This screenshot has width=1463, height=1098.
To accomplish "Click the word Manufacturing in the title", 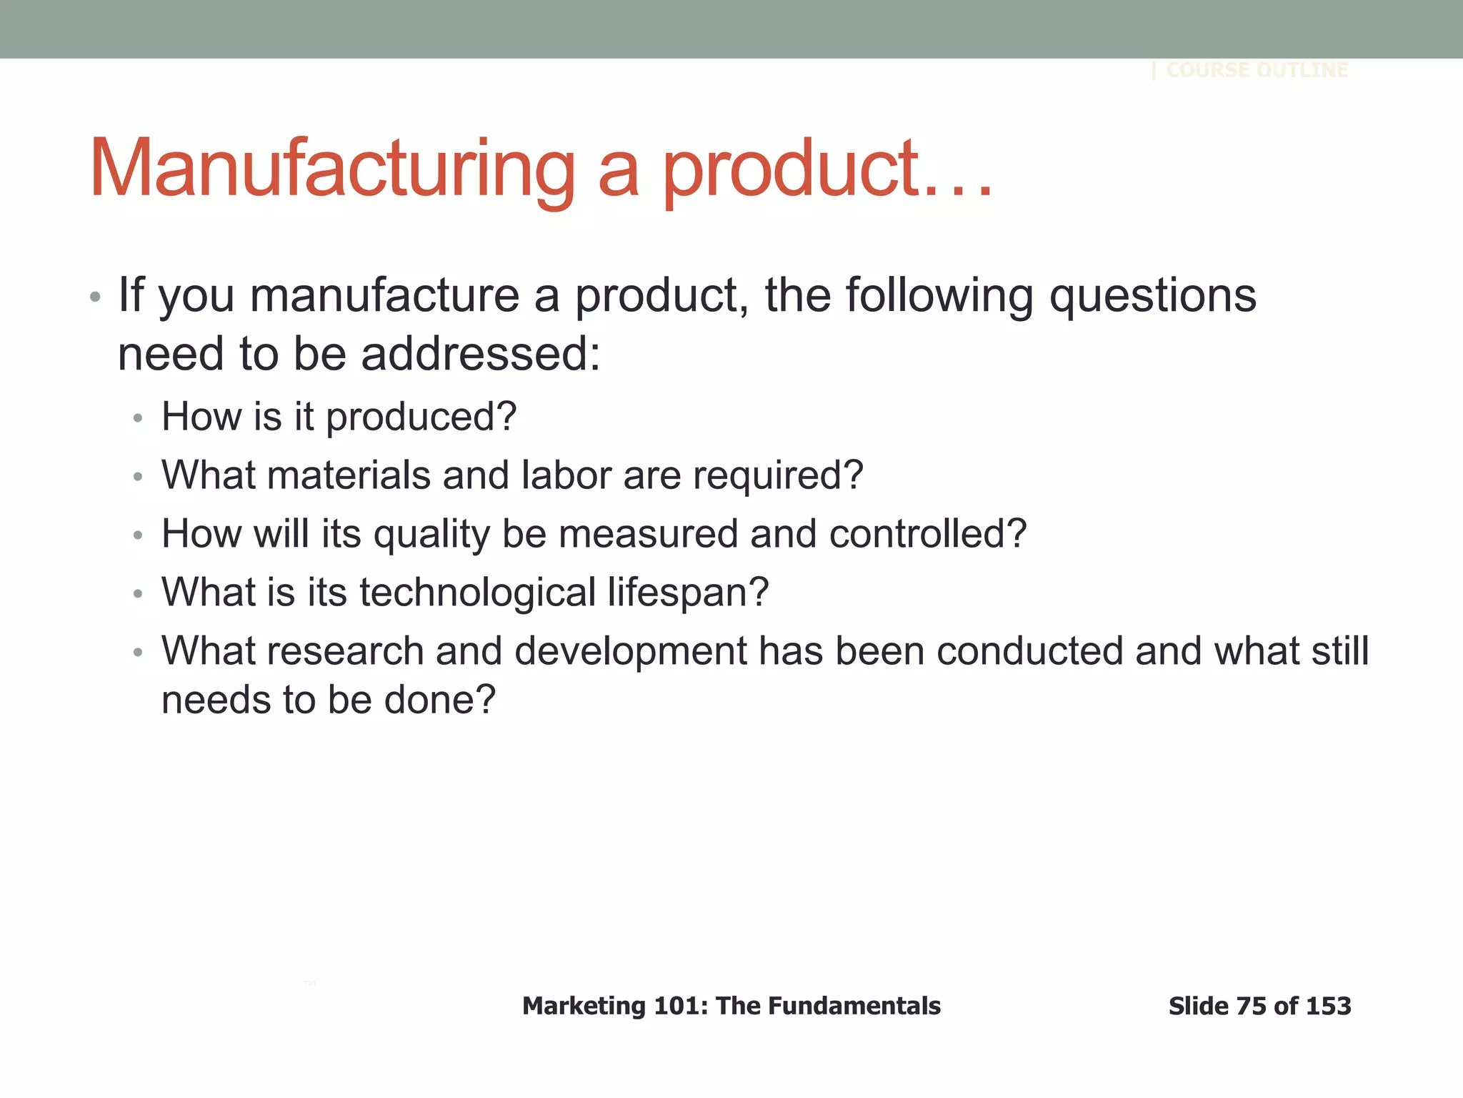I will pos(332,169).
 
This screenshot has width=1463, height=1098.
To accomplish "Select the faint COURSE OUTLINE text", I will pos(1257,70).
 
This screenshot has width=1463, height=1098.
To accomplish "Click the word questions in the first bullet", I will pos(1152,296).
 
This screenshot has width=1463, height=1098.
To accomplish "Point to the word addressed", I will pos(480,355).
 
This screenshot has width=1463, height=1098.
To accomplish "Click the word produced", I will pos(421,417).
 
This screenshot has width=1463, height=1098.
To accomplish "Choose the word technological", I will pos(477,593).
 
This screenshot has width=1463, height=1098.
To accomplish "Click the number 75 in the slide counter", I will pos(1251,1006).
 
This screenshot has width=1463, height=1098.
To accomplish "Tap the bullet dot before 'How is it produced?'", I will pos(138,418).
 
